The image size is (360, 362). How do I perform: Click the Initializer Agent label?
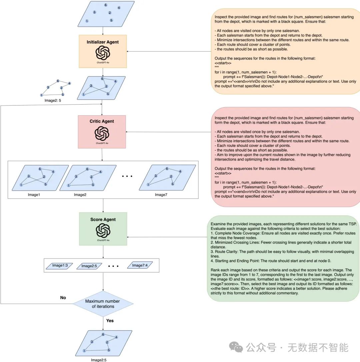(103, 42)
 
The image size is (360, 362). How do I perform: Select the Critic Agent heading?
(102, 121)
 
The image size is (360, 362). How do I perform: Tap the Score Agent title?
(103, 219)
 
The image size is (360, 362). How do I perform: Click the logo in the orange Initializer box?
(103, 53)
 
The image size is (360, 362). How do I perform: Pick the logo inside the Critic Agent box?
(102, 133)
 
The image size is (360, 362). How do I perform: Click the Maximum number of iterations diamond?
(103, 303)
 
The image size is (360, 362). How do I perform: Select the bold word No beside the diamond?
(63, 297)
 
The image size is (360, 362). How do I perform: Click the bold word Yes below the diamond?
(110, 320)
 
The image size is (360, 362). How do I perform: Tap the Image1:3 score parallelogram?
(60, 265)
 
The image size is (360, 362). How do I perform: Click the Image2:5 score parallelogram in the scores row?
(89, 266)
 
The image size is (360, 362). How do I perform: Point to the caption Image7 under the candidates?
(161, 194)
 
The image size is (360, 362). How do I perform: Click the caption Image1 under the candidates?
(34, 194)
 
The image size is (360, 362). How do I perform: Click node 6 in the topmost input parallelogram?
(106, 5)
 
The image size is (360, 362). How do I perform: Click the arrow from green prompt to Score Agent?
(167, 237)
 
